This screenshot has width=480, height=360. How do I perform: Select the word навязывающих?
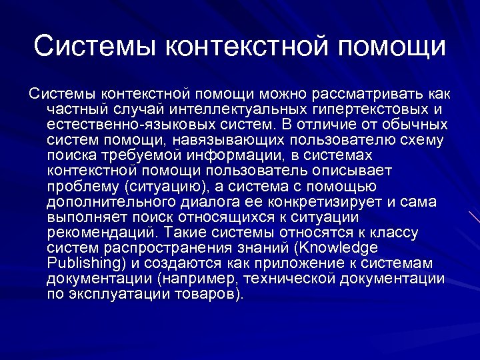pos(225,139)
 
